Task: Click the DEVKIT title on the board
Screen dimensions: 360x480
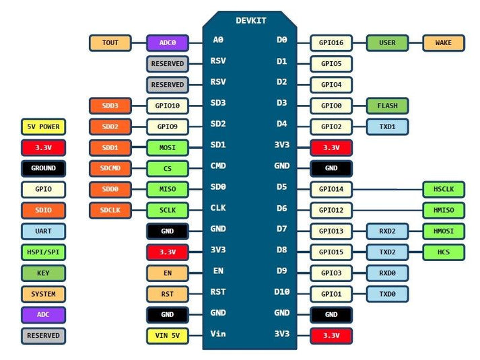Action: (250, 21)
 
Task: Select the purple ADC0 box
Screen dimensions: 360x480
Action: (168, 43)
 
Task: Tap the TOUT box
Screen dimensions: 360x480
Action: (110, 43)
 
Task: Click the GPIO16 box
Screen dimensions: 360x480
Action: (331, 43)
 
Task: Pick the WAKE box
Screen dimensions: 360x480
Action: (444, 43)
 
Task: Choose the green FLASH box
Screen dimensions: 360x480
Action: (387, 106)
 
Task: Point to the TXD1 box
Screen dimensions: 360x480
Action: (387, 127)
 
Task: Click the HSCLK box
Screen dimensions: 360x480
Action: (444, 190)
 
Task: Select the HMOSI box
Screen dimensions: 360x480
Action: (444, 231)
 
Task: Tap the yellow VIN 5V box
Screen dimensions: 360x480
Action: (168, 335)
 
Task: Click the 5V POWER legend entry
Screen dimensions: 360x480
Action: (44, 127)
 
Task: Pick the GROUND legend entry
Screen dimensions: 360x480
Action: (44, 168)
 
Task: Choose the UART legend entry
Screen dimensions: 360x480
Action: (44, 231)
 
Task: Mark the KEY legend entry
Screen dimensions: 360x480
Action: (44, 273)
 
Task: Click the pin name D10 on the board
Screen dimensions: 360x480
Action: (281, 291)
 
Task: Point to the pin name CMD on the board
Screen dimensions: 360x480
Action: (218, 166)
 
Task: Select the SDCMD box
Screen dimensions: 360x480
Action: (110, 169)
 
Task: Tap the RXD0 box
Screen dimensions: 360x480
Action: (387, 273)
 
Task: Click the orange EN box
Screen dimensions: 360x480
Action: (168, 273)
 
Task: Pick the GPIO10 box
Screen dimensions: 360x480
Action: (168, 106)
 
